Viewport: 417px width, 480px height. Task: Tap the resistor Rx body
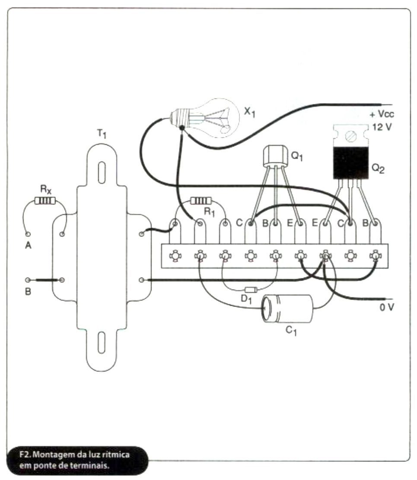click(45, 200)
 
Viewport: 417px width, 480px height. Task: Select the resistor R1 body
click(200, 200)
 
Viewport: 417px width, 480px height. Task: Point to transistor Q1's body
click(275, 155)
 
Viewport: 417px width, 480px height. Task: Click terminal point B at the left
click(28, 280)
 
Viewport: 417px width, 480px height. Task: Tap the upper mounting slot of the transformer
click(101, 172)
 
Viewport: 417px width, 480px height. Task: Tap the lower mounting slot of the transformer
click(101, 343)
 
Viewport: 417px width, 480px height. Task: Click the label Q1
click(297, 157)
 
